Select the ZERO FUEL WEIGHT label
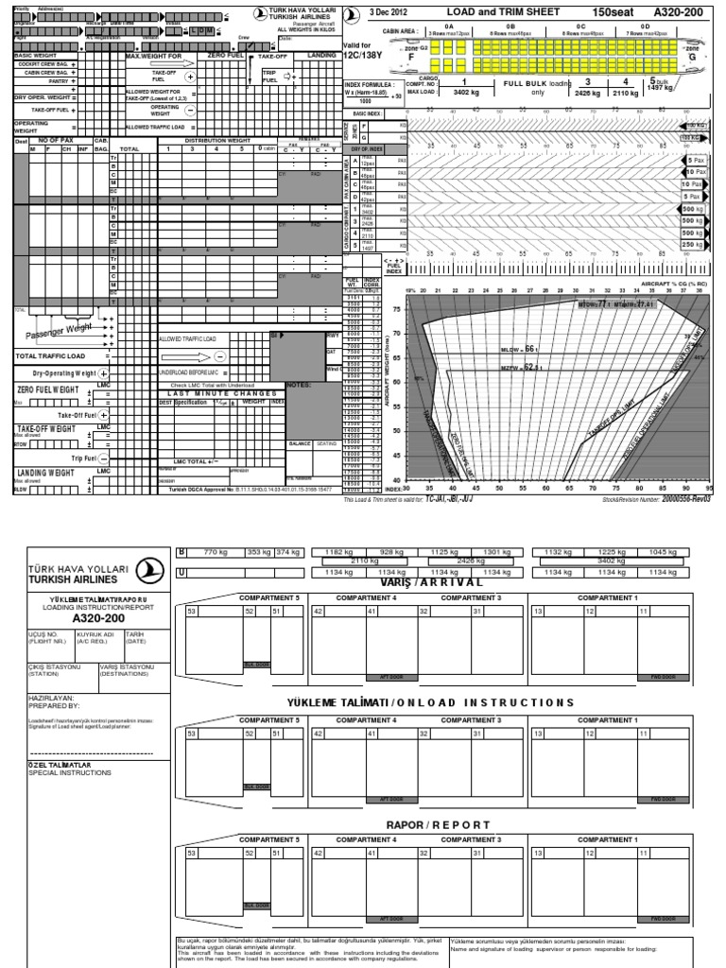49,389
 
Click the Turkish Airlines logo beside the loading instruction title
146,569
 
